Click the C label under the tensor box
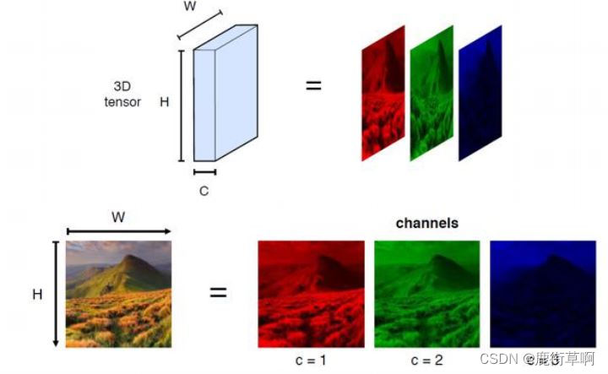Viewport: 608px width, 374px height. pyautogui.click(x=204, y=191)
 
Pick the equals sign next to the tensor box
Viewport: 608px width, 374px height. pyautogui.click(x=313, y=84)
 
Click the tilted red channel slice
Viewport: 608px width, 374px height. pyautogui.click(x=383, y=93)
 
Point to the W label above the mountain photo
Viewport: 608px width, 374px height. pyautogui.click(x=118, y=218)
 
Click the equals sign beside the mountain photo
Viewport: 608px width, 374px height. pyautogui.click(x=218, y=293)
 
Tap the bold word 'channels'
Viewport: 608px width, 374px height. pyautogui.click(x=427, y=224)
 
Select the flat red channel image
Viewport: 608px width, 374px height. pyautogui.click(x=311, y=293)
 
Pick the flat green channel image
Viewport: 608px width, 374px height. pyautogui.click(x=426, y=293)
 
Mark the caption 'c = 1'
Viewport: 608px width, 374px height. pyautogui.click(x=312, y=360)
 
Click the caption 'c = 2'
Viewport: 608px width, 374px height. pyautogui.click(x=426, y=360)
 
